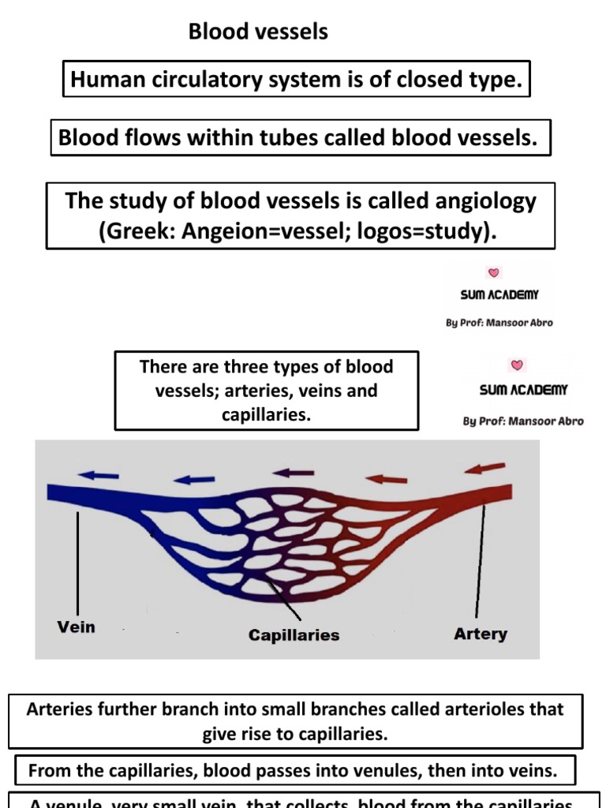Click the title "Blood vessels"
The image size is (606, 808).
point(258,32)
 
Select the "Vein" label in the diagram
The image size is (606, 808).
point(77,627)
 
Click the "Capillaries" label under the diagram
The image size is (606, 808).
point(294,634)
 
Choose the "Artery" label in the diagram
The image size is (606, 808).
point(481,633)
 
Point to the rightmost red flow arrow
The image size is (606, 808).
point(484,469)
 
